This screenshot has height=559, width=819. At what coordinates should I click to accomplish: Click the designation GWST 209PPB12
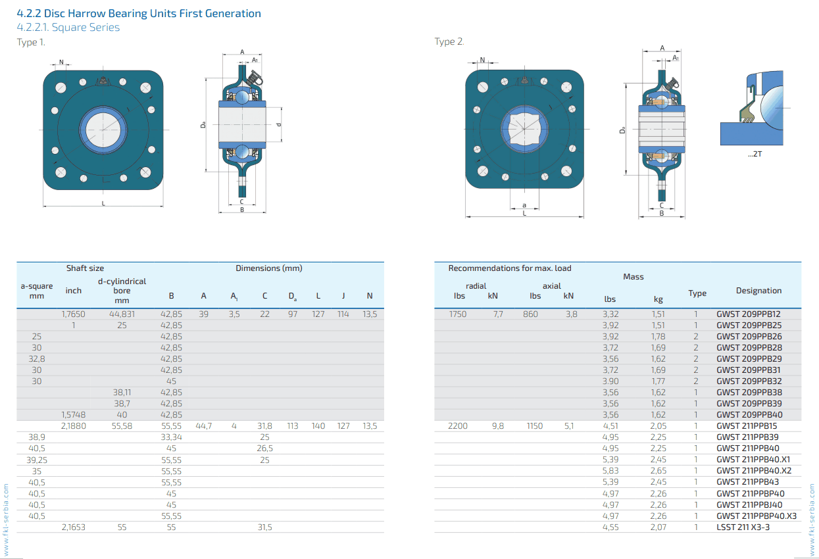click(x=748, y=314)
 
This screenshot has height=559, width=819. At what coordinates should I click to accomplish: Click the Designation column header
click(x=758, y=291)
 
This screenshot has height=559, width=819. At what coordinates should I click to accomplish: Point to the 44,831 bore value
click(x=122, y=314)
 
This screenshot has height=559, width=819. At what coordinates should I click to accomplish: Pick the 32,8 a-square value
click(x=37, y=359)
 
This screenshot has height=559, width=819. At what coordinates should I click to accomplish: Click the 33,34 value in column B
click(x=171, y=437)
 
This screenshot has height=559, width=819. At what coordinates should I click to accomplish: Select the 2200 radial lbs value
click(x=458, y=426)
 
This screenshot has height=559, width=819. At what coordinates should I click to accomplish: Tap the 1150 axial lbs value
click(x=535, y=426)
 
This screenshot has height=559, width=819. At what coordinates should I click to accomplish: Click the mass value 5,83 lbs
click(x=610, y=471)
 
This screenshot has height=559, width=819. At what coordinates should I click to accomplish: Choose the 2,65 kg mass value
click(x=658, y=471)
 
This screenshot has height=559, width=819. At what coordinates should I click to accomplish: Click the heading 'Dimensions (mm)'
click(x=269, y=268)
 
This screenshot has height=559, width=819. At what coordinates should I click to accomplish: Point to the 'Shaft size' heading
click(x=85, y=268)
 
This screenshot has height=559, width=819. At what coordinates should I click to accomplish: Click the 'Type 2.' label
click(x=449, y=42)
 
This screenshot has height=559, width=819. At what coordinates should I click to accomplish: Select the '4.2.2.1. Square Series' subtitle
click(x=68, y=28)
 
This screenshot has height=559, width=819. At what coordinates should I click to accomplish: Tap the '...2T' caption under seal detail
click(x=755, y=153)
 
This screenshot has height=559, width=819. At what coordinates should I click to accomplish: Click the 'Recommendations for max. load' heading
click(x=510, y=268)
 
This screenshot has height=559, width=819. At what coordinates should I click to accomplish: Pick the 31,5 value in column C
click(x=264, y=527)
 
